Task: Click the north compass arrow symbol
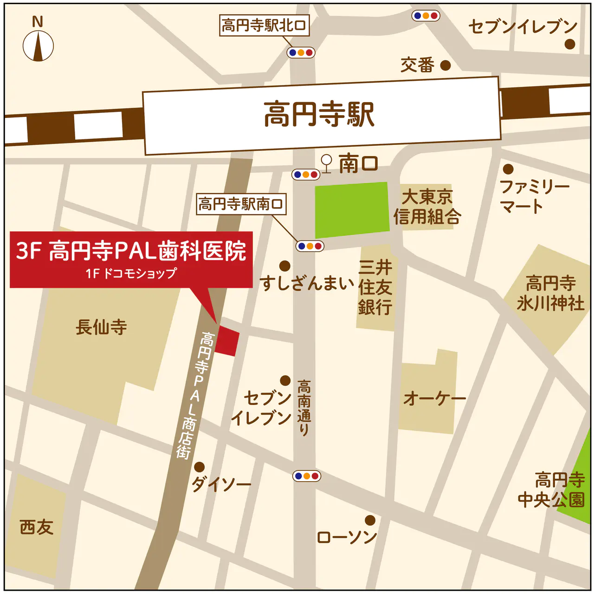pyautogui.click(x=38, y=46)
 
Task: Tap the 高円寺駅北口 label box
pyautogui.click(x=264, y=25)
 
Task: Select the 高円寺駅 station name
pyautogui.click(x=319, y=115)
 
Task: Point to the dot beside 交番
pyautogui.click(x=445, y=65)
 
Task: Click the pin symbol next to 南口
pyautogui.click(x=327, y=163)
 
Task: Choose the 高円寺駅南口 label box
pyautogui.click(x=241, y=204)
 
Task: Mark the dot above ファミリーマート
pyautogui.click(x=509, y=169)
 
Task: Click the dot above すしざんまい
pyautogui.click(x=285, y=266)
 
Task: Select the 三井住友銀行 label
pyautogui.click(x=375, y=287)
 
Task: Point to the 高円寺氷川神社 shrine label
pyautogui.click(x=550, y=293)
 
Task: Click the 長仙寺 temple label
pyautogui.click(x=101, y=327)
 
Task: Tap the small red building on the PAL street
pyautogui.click(x=227, y=341)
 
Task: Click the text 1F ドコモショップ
pyautogui.click(x=131, y=273)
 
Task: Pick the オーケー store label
pyautogui.click(x=434, y=398)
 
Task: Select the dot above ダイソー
pyautogui.click(x=199, y=467)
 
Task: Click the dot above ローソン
pyautogui.click(x=370, y=520)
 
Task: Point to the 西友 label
pyautogui.click(x=37, y=527)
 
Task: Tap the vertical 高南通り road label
pyautogui.click(x=303, y=408)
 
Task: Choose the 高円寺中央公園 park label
pyautogui.click(x=551, y=490)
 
